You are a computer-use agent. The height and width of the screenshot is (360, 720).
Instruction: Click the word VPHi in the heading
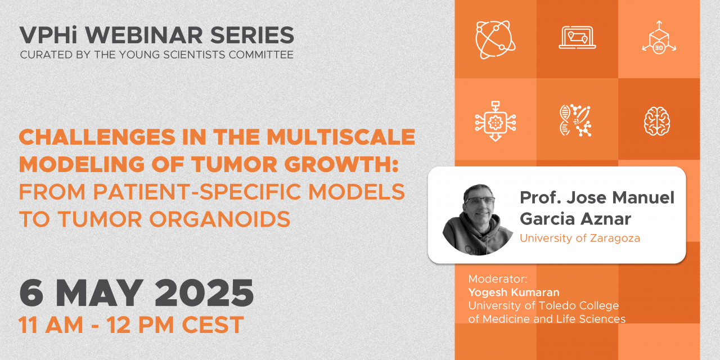click(x=48, y=35)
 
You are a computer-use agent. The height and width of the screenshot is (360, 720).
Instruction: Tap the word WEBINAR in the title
click(x=143, y=35)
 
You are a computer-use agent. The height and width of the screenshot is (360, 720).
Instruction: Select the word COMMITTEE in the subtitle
click(x=261, y=55)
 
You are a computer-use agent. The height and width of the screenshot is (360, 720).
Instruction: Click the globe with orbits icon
click(x=496, y=40)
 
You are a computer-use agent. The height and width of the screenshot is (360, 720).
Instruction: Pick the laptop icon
click(x=577, y=38)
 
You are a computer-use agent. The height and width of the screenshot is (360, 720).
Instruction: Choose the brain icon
click(x=657, y=121)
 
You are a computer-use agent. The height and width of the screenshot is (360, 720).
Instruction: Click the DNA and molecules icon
click(x=575, y=120)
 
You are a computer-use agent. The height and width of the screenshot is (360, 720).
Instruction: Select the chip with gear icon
click(x=496, y=121)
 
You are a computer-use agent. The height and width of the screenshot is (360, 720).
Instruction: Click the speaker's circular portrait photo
click(x=478, y=219)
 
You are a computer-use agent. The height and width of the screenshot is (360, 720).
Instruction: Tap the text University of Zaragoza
click(x=580, y=238)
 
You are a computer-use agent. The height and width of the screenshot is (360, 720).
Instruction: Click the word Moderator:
click(x=498, y=278)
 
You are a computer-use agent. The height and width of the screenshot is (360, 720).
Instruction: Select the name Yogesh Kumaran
click(x=514, y=292)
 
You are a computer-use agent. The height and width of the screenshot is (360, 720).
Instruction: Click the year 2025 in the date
click(x=204, y=293)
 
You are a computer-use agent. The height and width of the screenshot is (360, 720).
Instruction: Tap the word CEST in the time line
click(x=213, y=325)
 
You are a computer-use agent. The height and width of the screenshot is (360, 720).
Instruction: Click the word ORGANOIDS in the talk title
click(x=220, y=219)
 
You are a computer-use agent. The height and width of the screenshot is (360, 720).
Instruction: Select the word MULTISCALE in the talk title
click(x=341, y=137)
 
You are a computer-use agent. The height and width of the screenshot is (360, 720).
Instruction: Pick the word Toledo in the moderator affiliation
click(x=557, y=305)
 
